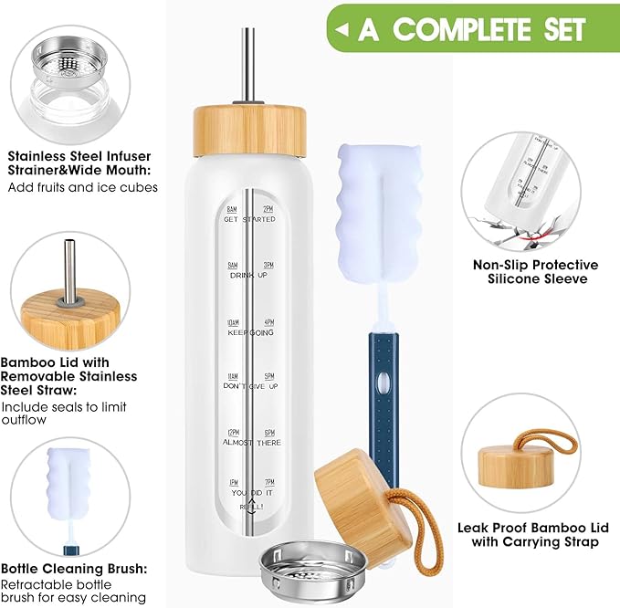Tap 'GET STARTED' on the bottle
coord(249,220)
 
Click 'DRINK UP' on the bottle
coord(249,275)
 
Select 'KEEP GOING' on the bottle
coord(249,331)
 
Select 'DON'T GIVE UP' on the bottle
coord(249,386)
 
